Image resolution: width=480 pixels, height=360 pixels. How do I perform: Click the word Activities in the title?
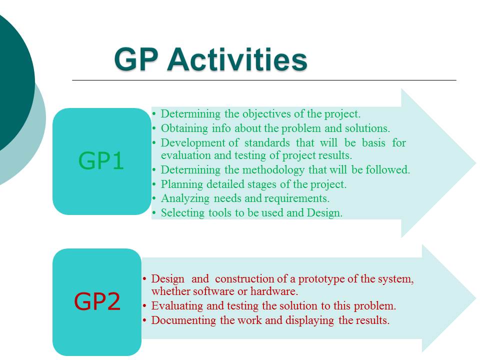(x=237, y=59)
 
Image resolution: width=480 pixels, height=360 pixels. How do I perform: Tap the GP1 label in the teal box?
(x=101, y=160)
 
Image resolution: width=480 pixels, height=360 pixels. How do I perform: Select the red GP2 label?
(x=97, y=301)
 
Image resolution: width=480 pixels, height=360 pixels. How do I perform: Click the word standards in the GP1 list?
(x=267, y=142)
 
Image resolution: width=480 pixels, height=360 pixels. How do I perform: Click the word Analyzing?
(x=185, y=198)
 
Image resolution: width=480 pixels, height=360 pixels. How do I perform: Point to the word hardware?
(x=274, y=291)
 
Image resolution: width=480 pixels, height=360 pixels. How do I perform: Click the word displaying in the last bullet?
(x=309, y=320)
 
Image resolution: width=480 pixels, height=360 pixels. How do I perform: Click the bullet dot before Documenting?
(x=144, y=320)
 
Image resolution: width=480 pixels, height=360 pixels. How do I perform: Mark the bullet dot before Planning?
(x=154, y=184)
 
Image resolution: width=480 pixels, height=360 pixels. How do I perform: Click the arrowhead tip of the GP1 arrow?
(x=475, y=163)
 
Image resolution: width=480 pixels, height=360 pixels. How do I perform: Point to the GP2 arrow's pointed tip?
(x=475, y=298)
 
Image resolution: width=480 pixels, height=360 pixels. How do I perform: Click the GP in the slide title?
(x=136, y=59)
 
